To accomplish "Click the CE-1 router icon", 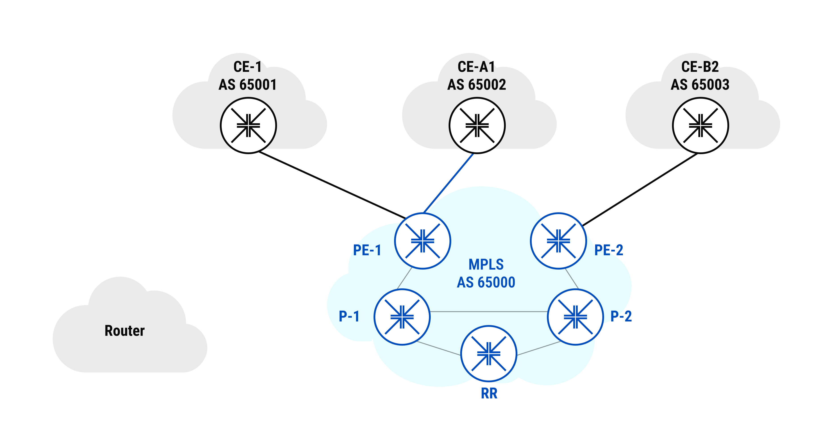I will point(248,125).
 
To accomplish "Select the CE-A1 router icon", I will point(477,125).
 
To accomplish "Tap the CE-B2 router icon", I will point(700,125).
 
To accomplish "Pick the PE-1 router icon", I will point(423,241).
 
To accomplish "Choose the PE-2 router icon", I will point(558,241).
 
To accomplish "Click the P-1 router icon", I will point(402,317).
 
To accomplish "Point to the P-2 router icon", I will point(575,317).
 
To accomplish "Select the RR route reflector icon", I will point(489,353).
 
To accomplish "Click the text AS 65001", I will point(248,85).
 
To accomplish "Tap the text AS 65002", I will point(477,85).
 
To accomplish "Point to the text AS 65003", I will point(700,85).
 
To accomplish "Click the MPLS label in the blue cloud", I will point(486,264).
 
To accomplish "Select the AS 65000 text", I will point(486,282).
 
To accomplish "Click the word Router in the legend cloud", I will point(125,331).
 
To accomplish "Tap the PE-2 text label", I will point(609,250).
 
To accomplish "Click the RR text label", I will point(489,393).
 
